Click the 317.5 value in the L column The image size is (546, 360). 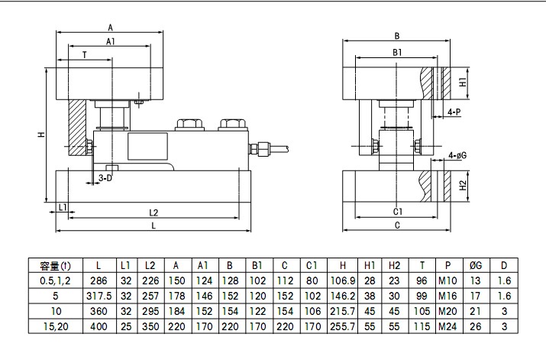[x=99, y=296]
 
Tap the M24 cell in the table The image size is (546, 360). [x=447, y=326]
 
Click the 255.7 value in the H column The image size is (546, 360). [x=343, y=326]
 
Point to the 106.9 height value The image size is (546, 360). [x=343, y=281]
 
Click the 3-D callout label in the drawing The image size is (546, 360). [x=105, y=178]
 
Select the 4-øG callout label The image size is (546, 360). [x=458, y=155]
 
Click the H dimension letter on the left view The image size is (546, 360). [x=41, y=135]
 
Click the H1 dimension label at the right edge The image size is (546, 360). [x=463, y=83]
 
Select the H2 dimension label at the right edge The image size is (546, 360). [x=463, y=186]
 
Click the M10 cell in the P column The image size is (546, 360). [x=447, y=281]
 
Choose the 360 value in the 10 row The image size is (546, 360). [x=99, y=311]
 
